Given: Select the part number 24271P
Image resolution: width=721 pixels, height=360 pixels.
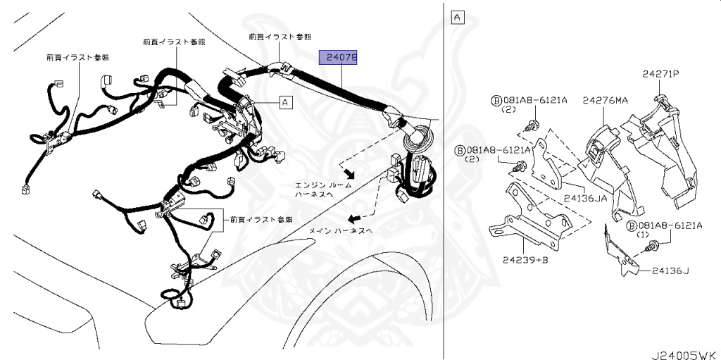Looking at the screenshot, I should click(x=660, y=73).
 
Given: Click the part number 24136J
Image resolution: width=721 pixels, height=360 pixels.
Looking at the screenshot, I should click(x=670, y=270).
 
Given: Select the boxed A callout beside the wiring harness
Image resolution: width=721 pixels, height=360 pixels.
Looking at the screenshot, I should click(x=285, y=103).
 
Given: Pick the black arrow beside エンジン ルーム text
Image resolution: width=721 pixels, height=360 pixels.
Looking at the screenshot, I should click(x=347, y=173).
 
